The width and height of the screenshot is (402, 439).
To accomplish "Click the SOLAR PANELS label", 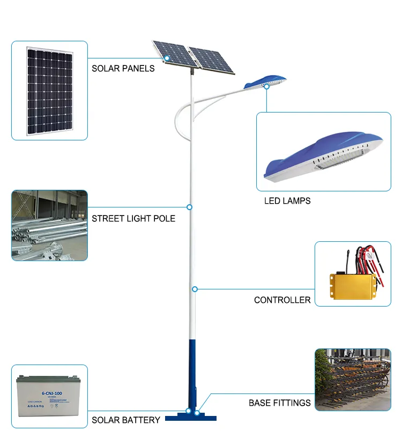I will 123,69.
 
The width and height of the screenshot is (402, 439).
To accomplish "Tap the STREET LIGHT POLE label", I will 133,219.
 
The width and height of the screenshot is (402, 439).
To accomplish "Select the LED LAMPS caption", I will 287,201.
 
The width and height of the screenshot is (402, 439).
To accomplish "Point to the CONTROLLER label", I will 282,300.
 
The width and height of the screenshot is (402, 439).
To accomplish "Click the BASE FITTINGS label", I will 279,403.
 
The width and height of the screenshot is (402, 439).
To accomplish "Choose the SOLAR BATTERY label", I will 126,420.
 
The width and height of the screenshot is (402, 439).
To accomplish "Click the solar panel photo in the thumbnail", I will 50,91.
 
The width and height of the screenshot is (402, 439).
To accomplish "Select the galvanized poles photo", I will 49,225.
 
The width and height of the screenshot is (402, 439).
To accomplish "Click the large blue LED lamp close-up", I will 324,156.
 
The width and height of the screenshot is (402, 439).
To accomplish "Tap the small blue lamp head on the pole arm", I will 265,83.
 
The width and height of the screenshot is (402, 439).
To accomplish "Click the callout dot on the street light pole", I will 189,207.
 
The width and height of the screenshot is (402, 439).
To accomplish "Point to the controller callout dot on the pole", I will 195,289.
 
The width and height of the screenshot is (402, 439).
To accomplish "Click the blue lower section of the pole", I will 191,370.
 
